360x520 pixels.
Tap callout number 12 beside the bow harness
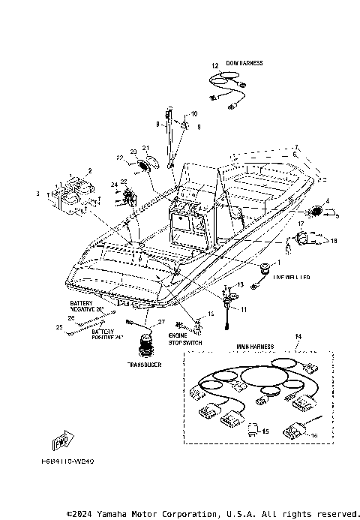pos(214,67)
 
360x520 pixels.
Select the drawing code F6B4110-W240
pos(73,462)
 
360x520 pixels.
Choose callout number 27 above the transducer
pos(160,322)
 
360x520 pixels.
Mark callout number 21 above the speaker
pos(146,147)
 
